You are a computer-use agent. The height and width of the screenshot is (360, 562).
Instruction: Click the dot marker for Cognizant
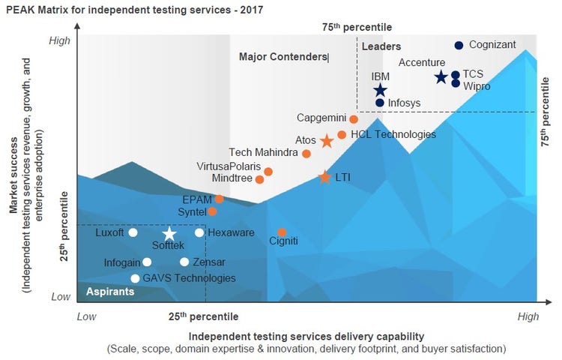pyautogui.click(x=459, y=45)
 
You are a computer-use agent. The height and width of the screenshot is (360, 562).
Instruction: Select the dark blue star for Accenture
pyautogui.click(x=441, y=77)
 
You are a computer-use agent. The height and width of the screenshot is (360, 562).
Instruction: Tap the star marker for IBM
pyautogui.click(x=380, y=91)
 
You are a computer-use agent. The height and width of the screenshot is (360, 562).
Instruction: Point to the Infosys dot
pyautogui.click(x=380, y=103)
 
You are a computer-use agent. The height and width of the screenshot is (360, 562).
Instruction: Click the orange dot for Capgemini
pyautogui.click(x=354, y=119)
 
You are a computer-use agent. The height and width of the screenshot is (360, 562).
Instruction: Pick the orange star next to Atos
pyautogui.click(x=327, y=141)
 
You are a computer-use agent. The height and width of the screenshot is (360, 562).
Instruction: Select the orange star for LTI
pyautogui.click(x=324, y=178)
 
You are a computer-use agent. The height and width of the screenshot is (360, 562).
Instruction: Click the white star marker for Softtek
pyautogui.click(x=170, y=234)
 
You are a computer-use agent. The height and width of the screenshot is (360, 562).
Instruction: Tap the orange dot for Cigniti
pyautogui.click(x=282, y=232)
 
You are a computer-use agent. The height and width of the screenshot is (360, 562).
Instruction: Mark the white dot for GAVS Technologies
pyautogui.click(x=135, y=278)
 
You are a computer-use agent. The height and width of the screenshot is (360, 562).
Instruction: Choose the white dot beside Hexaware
pyautogui.click(x=199, y=232)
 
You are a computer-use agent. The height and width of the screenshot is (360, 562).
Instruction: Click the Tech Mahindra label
pyautogui.click(x=263, y=153)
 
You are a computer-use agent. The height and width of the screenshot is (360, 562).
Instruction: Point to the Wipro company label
pyautogui.click(x=477, y=86)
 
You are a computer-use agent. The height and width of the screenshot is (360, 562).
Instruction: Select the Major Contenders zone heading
pyautogui.click(x=283, y=56)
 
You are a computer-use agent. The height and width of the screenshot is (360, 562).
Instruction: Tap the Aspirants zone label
pyautogui.click(x=110, y=292)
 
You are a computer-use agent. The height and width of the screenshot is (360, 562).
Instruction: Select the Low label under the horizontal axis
pyautogui.click(x=87, y=316)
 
